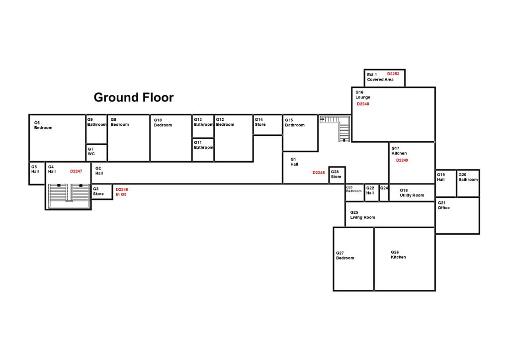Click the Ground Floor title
[x=134, y=97]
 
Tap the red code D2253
[x=393, y=74]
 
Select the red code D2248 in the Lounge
[x=363, y=104]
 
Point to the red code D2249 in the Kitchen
[x=402, y=160]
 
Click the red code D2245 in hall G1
[x=319, y=173]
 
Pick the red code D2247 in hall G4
[x=76, y=171]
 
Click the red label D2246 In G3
[x=122, y=192]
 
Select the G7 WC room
[x=96, y=153]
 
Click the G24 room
[x=384, y=193]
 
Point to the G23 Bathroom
[x=354, y=193]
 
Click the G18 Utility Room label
[x=412, y=193]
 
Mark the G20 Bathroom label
[x=468, y=177]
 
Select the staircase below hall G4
[x=69, y=196]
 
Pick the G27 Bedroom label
[x=345, y=256]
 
